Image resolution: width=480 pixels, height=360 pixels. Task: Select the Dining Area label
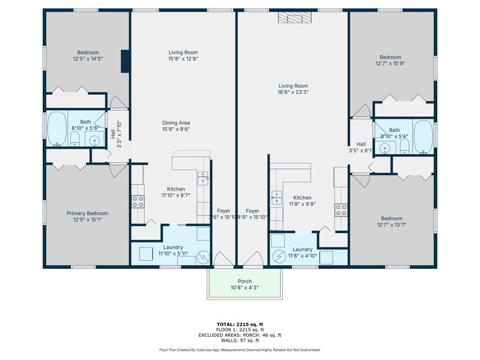[x=176, y=126]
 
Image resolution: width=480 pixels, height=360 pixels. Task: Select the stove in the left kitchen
[x=138, y=201]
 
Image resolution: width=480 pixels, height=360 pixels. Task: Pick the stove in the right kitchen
[x=341, y=209]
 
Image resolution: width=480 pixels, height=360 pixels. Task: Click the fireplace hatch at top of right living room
[x=293, y=17]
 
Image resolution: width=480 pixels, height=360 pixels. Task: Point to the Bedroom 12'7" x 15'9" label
[x=392, y=59]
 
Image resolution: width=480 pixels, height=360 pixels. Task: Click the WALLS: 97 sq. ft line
[x=240, y=340]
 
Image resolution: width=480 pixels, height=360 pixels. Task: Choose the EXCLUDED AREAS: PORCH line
[x=240, y=335]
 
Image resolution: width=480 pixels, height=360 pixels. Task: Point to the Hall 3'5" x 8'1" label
[x=361, y=147]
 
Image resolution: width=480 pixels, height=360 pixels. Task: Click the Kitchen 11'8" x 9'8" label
[x=302, y=201]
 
